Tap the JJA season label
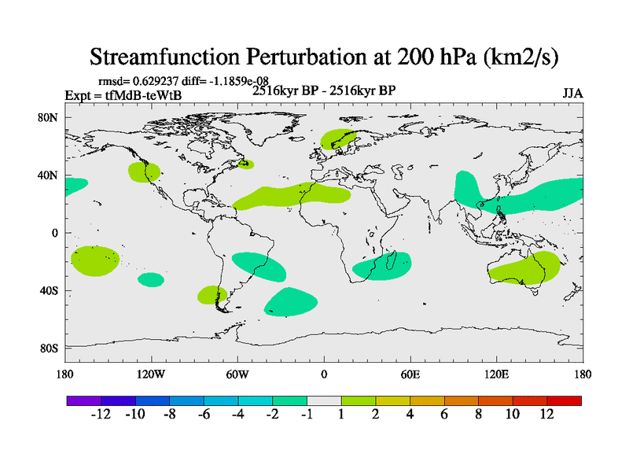coord(572,94)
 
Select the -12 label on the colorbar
coord(101,415)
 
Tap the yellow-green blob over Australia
coord(524,269)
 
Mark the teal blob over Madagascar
coord(382,266)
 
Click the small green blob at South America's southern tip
coord(212,296)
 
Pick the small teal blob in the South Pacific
coord(151,279)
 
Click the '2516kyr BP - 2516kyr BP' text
coord(323,90)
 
